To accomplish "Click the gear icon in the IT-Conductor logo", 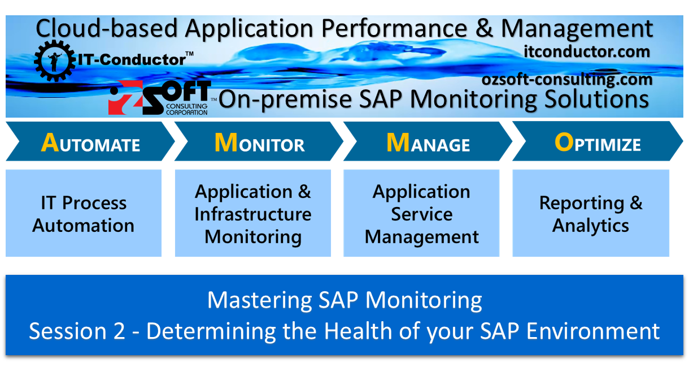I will click(x=54, y=58).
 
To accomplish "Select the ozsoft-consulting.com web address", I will click(x=567, y=80).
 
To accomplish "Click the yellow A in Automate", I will click(x=50, y=143).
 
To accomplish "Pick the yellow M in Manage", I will click(x=397, y=143).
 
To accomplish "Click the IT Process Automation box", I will click(x=84, y=214).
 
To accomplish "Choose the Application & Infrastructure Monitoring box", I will click(x=252, y=214).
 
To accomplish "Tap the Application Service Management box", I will click(x=421, y=214).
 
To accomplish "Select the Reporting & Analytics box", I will click(x=591, y=214).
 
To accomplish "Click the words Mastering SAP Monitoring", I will click(x=344, y=300).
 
